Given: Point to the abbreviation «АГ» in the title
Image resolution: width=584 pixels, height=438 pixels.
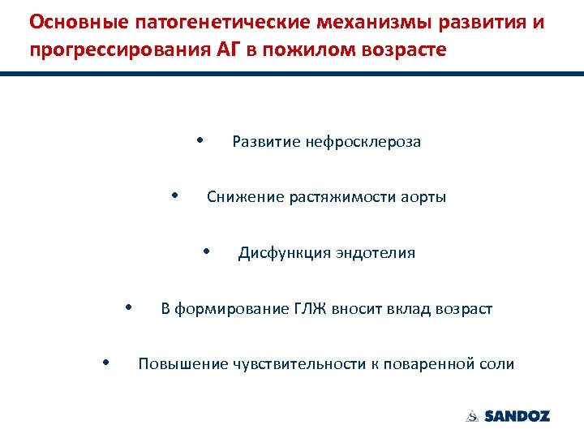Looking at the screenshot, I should click(229, 49).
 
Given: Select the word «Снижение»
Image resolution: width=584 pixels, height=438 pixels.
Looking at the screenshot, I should click(245, 197).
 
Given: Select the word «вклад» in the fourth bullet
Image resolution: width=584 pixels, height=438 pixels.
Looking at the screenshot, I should click(408, 309).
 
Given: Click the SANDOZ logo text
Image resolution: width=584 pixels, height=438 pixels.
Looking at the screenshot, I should click(517, 416).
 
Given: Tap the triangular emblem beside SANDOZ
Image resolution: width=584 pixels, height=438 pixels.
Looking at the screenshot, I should click(472, 416).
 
